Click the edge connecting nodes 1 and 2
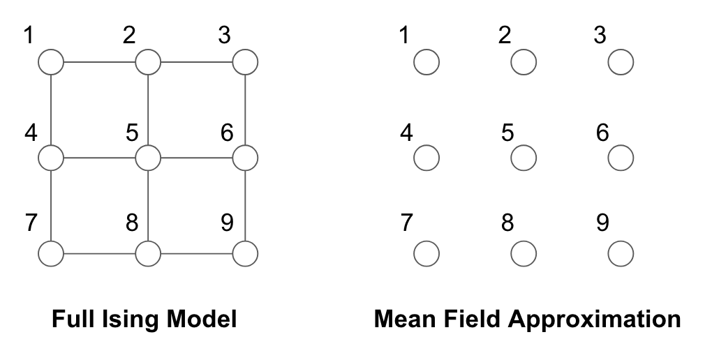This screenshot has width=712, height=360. coord(99,61)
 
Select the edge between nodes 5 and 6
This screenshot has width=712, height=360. coord(197,158)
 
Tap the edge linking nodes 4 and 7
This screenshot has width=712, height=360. coord(51,206)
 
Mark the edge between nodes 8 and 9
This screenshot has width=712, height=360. coord(197,253)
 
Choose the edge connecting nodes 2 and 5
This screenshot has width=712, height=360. coord(148,110)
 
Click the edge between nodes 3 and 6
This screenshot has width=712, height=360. coord(245,110)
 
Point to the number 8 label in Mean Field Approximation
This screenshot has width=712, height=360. coord(507,223)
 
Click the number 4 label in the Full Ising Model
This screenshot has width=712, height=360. coord(31,133)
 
